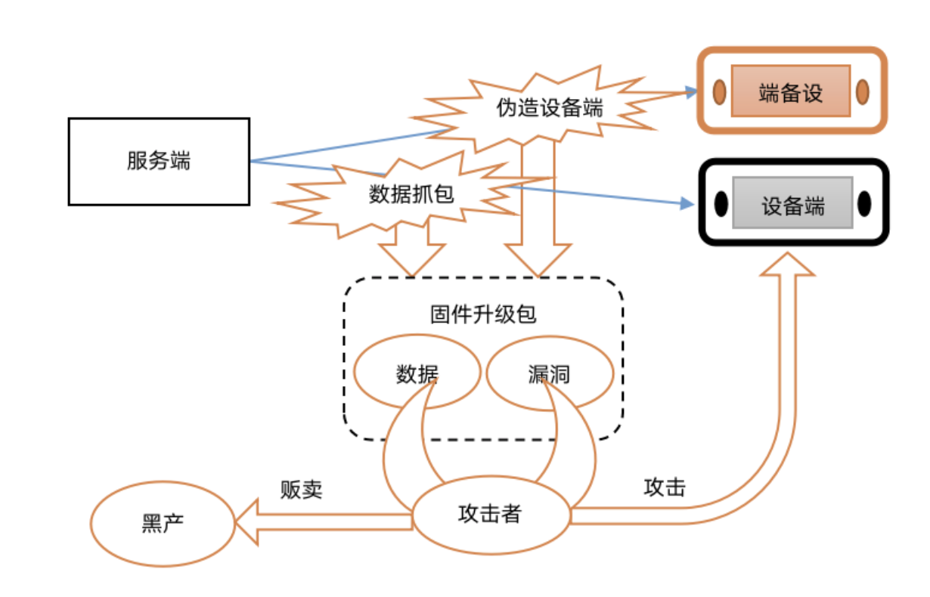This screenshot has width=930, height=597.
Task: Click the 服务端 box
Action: tap(159, 161)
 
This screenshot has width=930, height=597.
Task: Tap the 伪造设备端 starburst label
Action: tap(550, 108)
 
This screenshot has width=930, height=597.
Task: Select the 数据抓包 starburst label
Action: tap(411, 194)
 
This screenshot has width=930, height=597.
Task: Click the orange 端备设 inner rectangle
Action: tap(790, 92)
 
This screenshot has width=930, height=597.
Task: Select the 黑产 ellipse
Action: tap(163, 523)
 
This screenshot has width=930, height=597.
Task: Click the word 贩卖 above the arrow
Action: tap(301, 489)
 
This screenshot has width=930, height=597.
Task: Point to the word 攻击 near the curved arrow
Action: tap(665, 487)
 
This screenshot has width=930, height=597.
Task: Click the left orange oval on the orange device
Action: tap(719, 92)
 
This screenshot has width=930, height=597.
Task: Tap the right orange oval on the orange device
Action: tap(862, 92)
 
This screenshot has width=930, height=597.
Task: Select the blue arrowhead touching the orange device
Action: tap(689, 92)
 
